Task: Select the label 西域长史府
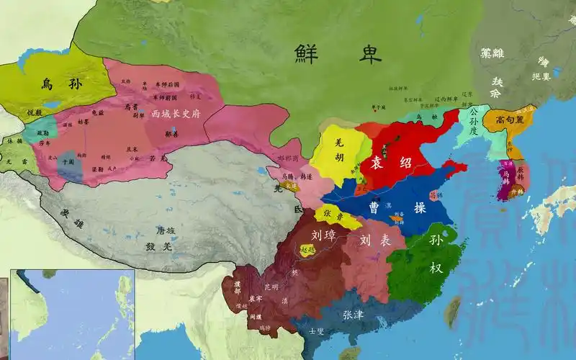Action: point(176,114)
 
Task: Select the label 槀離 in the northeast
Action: point(493,53)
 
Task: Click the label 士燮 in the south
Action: point(316,331)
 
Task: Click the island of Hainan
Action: point(350,354)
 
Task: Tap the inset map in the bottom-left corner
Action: point(72,315)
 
